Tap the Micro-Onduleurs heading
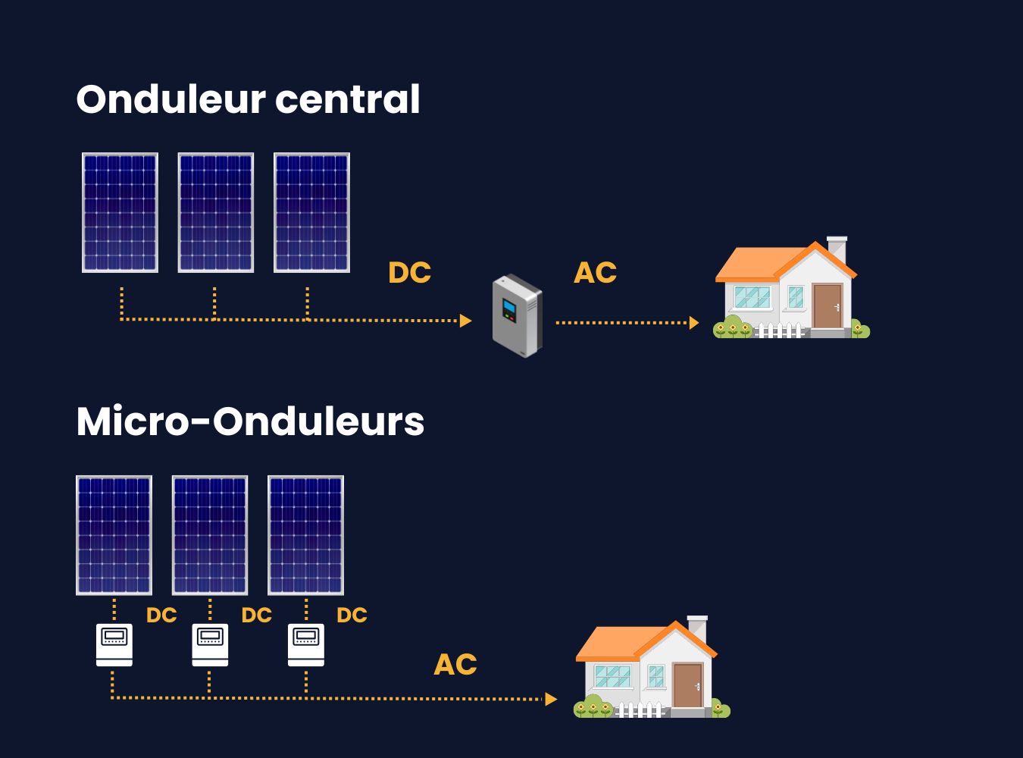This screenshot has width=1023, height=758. click(250, 421)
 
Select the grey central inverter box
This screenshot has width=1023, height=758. click(518, 315)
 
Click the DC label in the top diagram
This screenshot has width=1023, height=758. click(409, 273)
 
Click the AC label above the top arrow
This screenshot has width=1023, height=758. click(596, 273)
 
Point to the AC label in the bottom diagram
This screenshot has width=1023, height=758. click(455, 665)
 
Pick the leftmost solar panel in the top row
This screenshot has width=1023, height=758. click(120, 212)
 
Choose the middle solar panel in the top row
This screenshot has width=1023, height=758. click(216, 212)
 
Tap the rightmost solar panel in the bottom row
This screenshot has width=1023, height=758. click(306, 535)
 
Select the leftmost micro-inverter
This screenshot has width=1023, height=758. click(114, 644)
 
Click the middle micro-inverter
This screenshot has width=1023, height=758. click(210, 644)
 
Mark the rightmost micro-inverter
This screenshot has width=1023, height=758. click(306, 644)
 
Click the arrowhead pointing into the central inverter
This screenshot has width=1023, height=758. click(466, 321)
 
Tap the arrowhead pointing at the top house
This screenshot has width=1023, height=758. click(693, 323)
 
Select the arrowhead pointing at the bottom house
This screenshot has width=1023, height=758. click(551, 699)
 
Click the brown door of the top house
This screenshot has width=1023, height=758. click(827, 305)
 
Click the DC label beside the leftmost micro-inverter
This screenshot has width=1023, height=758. click(161, 615)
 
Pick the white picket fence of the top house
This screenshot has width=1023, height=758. click(781, 330)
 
